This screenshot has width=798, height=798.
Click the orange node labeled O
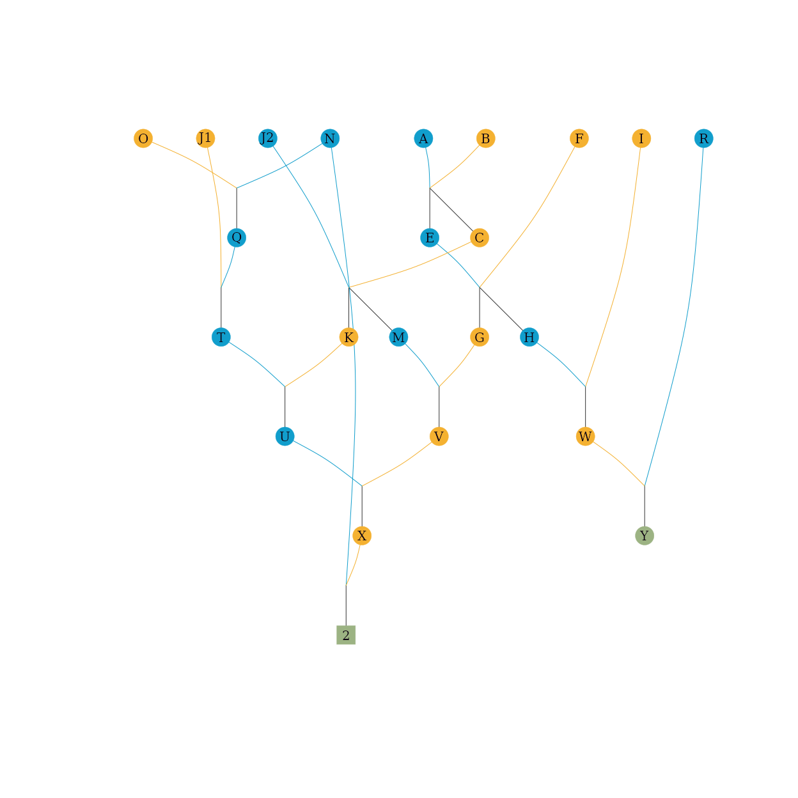pyautogui.click(x=143, y=138)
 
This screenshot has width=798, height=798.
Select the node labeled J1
pyautogui.click(x=205, y=138)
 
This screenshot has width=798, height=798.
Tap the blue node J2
pyautogui.click(x=267, y=138)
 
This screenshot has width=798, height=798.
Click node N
pyautogui.click(x=330, y=138)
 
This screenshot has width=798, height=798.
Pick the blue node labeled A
pyautogui.click(x=423, y=138)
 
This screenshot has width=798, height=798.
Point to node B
pyautogui.click(x=485, y=138)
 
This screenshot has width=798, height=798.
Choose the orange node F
pyautogui.click(x=579, y=138)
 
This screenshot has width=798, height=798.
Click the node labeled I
pyautogui.click(x=641, y=138)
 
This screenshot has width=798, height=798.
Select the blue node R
pyautogui.click(x=703, y=138)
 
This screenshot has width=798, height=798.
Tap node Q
pyautogui.click(x=237, y=237)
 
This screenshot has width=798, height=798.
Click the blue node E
pyautogui.click(x=430, y=237)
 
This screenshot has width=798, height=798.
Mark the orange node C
pyautogui.click(x=479, y=237)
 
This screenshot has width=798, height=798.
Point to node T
pyautogui.click(x=221, y=337)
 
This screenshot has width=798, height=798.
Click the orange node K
pyautogui.click(x=348, y=337)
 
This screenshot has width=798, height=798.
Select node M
pyautogui.click(x=398, y=337)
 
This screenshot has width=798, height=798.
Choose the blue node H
pyautogui.click(x=529, y=337)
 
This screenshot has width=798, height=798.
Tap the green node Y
pyautogui.click(x=644, y=535)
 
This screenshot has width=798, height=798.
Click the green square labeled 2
pyautogui.click(x=346, y=635)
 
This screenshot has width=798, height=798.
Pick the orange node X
pyautogui.click(x=361, y=535)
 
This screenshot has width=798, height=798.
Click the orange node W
pyautogui.click(x=584, y=436)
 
